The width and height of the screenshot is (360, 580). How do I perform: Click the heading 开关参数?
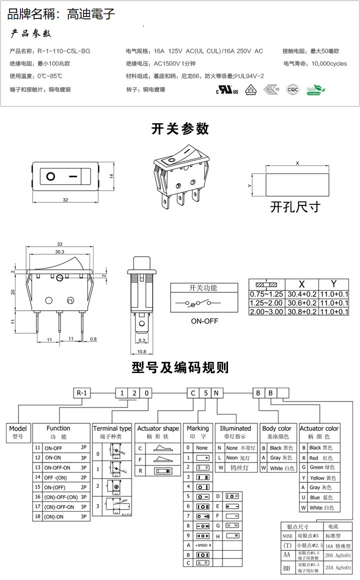(x=180, y=129)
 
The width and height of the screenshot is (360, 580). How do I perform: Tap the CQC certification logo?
(x=292, y=89)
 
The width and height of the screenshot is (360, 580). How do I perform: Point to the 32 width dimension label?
(x=65, y=200)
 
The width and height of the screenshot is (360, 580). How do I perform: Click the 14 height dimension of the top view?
(x=112, y=176)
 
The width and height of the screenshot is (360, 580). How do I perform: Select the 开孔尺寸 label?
(x=295, y=206)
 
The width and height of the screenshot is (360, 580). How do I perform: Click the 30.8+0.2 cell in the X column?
(x=301, y=312)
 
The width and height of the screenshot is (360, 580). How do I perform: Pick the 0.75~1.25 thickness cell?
(x=266, y=294)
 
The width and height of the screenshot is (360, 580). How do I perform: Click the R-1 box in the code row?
(x=82, y=393)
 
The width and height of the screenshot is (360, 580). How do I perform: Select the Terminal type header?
(x=112, y=429)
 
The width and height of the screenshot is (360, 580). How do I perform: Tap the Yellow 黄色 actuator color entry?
(x=322, y=478)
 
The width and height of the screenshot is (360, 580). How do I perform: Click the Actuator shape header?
(x=158, y=429)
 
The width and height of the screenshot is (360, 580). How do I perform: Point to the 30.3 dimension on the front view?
(x=59, y=252)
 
